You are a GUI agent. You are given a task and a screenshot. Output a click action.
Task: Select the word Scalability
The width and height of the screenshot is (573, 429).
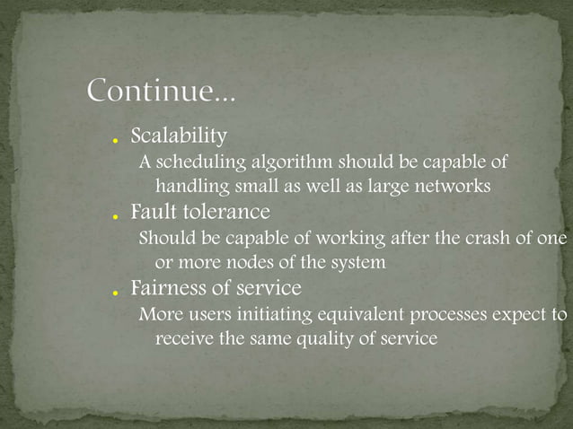179,136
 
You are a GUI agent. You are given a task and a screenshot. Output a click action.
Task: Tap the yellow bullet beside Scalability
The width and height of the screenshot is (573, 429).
117,142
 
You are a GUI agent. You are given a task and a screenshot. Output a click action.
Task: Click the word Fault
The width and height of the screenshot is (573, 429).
153,213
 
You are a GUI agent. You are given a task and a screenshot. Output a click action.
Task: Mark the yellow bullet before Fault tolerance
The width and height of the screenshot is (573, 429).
117,218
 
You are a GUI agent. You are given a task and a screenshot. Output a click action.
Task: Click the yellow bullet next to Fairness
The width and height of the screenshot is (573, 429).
117,293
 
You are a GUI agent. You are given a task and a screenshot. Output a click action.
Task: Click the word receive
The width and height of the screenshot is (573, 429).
183,340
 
